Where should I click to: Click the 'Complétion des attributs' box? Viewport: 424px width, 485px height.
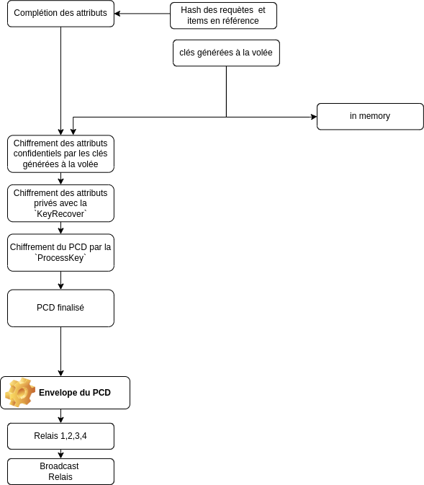pyautogui.click(x=60, y=14)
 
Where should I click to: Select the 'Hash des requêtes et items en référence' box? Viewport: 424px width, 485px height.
pyautogui.click(x=223, y=15)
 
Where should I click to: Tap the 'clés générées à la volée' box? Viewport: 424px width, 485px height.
pyautogui.click(x=226, y=53)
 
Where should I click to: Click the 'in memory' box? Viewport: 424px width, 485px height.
pyautogui.click(x=370, y=116)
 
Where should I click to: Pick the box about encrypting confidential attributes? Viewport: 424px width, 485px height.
pyautogui.click(x=60, y=153)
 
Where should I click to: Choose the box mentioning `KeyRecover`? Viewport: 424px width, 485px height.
pyautogui.click(x=60, y=203)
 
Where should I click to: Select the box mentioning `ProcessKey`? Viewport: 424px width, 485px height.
pyautogui.click(x=60, y=253)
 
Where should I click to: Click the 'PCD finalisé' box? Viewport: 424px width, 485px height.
pyautogui.click(x=60, y=308)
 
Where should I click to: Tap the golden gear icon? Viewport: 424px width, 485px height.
pyautogui.click(x=20, y=392)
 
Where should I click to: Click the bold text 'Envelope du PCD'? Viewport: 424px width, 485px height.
pyautogui.click(x=75, y=393)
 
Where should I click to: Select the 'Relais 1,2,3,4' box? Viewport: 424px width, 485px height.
pyautogui.click(x=60, y=436)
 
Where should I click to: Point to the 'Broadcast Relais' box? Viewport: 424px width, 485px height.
pyautogui.click(x=60, y=471)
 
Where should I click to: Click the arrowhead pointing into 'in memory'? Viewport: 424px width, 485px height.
pyautogui.click(x=314, y=117)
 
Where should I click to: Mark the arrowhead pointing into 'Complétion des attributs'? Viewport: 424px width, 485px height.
pyautogui.click(x=117, y=14)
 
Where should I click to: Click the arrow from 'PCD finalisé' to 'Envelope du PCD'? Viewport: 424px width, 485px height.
pyautogui.click(x=60, y=352)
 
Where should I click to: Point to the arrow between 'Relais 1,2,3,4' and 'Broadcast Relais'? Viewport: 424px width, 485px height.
pyautogui.click(x=60, y=454)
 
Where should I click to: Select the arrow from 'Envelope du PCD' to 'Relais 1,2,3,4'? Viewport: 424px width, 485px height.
pyautogui.click(x=60, y=416)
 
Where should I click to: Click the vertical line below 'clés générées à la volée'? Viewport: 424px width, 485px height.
pyautogui.click(x=226, y=92)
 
